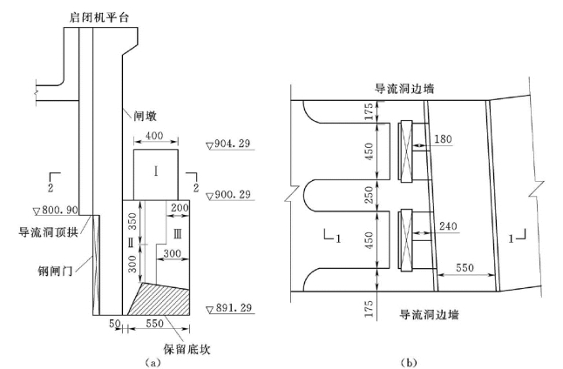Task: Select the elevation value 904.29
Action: pos(232,144)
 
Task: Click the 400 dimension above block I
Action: pos(156,138)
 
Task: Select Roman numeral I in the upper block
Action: pos(155,171)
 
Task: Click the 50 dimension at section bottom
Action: pos(113,324)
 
